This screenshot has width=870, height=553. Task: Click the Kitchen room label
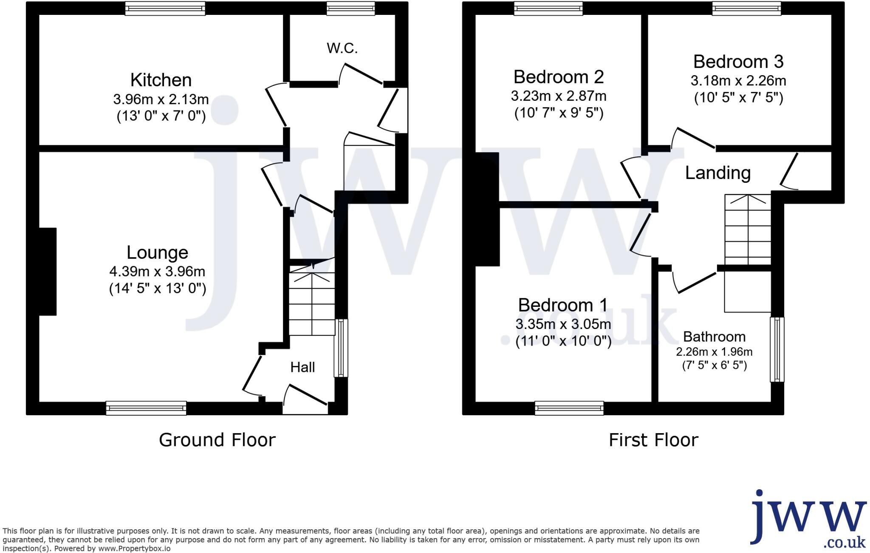(x=161, y=80)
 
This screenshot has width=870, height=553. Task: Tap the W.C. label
(x=342, y=48)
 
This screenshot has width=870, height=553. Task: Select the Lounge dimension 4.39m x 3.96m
(x=157, y=271)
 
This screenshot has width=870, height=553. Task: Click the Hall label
(x=302, y=367)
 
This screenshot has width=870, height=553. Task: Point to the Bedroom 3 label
(x=738, y=62)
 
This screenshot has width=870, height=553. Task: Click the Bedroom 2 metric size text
(x=558, y=96)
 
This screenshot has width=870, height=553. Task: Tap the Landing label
(x=717, y=173)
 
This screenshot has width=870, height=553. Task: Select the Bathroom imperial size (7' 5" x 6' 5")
(x=714, y=365)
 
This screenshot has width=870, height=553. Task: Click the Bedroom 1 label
(x=562, y=305)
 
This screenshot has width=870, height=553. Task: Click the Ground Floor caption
(x=217, y=440)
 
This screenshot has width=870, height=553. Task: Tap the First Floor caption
(x=653, y=440)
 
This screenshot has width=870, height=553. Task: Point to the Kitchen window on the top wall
(x=165, y=8)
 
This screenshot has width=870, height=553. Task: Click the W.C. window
(x=350, y=8)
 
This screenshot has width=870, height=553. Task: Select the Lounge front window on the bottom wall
(x=146, y=408)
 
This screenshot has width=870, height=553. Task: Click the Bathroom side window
(x=777, y=349)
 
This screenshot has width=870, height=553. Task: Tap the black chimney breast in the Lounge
(x=48, y=272)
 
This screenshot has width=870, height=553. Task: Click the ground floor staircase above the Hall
(x=312, y=304)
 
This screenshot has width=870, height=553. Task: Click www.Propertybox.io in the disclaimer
(x=134, y=549)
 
